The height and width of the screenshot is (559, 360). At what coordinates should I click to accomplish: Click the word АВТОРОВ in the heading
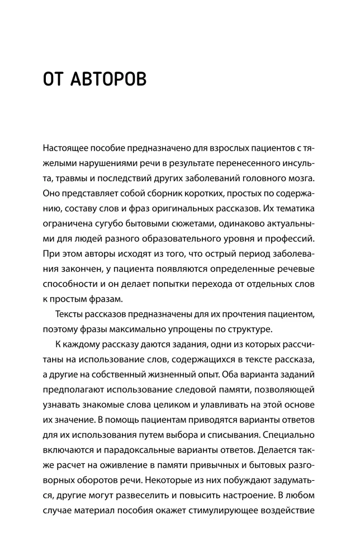[109, 79]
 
